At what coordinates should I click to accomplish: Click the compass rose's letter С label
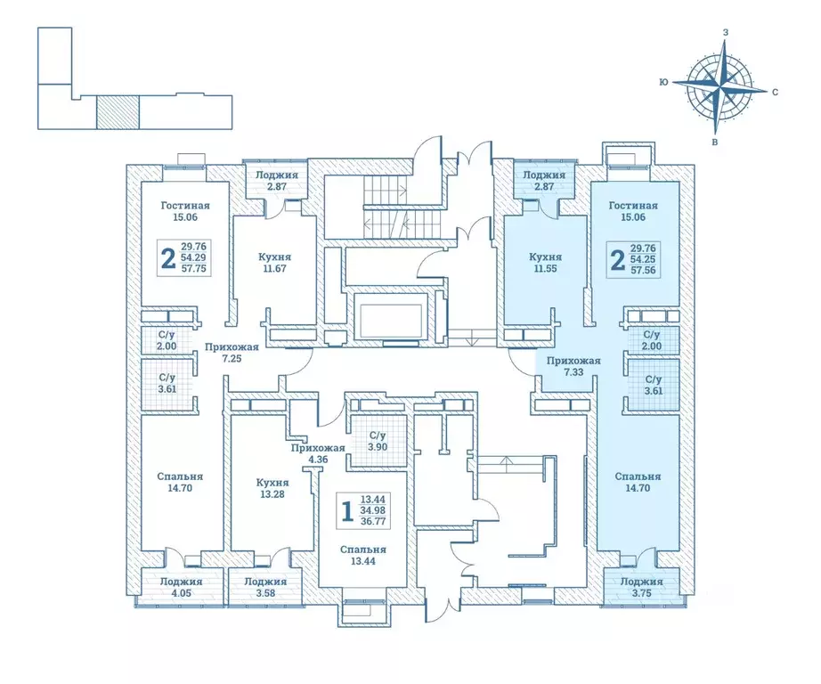(x=775, y=92)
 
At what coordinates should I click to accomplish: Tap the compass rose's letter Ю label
(x=663, y=82)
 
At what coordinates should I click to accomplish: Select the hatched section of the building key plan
(x=118, y=112)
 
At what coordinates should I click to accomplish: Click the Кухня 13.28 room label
(x=272, y=488)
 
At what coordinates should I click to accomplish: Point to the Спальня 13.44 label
(x=362, y=555)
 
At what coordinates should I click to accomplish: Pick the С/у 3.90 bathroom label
(x=378, y=441)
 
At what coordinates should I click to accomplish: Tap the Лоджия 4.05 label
(x=181, y=587)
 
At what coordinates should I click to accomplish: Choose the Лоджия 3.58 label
(x=265, y=587)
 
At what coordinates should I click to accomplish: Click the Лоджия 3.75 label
(x=641, y=587)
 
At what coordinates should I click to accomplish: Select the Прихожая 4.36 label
(x=318, y=453)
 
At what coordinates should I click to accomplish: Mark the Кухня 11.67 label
(x=274, y=263)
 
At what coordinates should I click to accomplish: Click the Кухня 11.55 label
(x=545, y=263)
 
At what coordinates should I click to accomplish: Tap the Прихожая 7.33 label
(x=573, y=366)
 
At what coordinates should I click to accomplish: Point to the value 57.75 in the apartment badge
(x=193, y=269)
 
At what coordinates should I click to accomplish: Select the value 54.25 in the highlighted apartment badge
(x=643, y=259)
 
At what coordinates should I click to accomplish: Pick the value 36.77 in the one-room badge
(x=373, y=521)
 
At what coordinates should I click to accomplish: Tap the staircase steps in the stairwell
(x=386, y=207)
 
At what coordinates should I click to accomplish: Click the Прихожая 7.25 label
(x=232, y=353)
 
